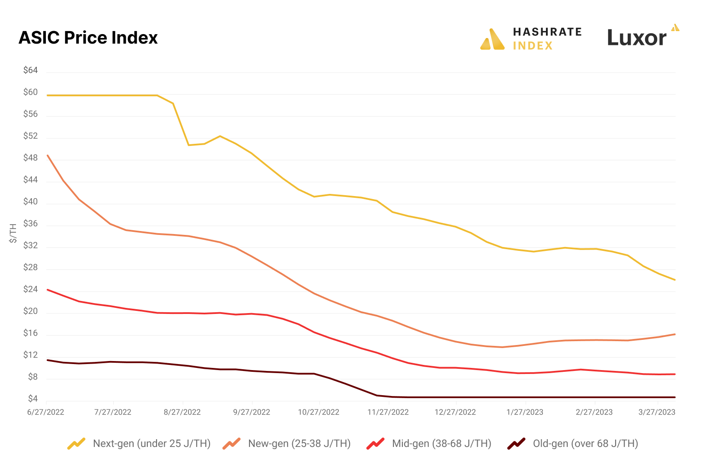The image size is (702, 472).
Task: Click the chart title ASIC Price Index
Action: [x=88, y=38]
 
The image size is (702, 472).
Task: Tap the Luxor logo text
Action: [x=637, y=38]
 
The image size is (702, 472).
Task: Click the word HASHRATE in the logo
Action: [x=547, y=32]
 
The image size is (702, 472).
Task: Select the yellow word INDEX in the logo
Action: [x=533, y=46]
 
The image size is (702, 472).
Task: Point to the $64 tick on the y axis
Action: [x=31, y=70]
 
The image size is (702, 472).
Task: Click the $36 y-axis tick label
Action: [x=31, y=224]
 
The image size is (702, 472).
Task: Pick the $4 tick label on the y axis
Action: [x=33, y=399]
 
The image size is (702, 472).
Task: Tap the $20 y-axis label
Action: [x=31, y=311]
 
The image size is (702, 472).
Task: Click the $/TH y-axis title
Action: [x=13, y=233]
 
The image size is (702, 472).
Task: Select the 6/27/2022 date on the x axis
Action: [x=46, y=412]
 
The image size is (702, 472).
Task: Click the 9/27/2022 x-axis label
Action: [x=252, y=412]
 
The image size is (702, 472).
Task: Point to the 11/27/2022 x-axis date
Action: [x=388, y=412]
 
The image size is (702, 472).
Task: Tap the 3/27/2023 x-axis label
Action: [x=657, y=412]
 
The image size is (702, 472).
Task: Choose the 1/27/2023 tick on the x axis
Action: [x=525, y=412]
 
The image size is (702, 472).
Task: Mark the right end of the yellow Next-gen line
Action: [x=675, y=280]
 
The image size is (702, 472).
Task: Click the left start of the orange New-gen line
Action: [x=48, y=155]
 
